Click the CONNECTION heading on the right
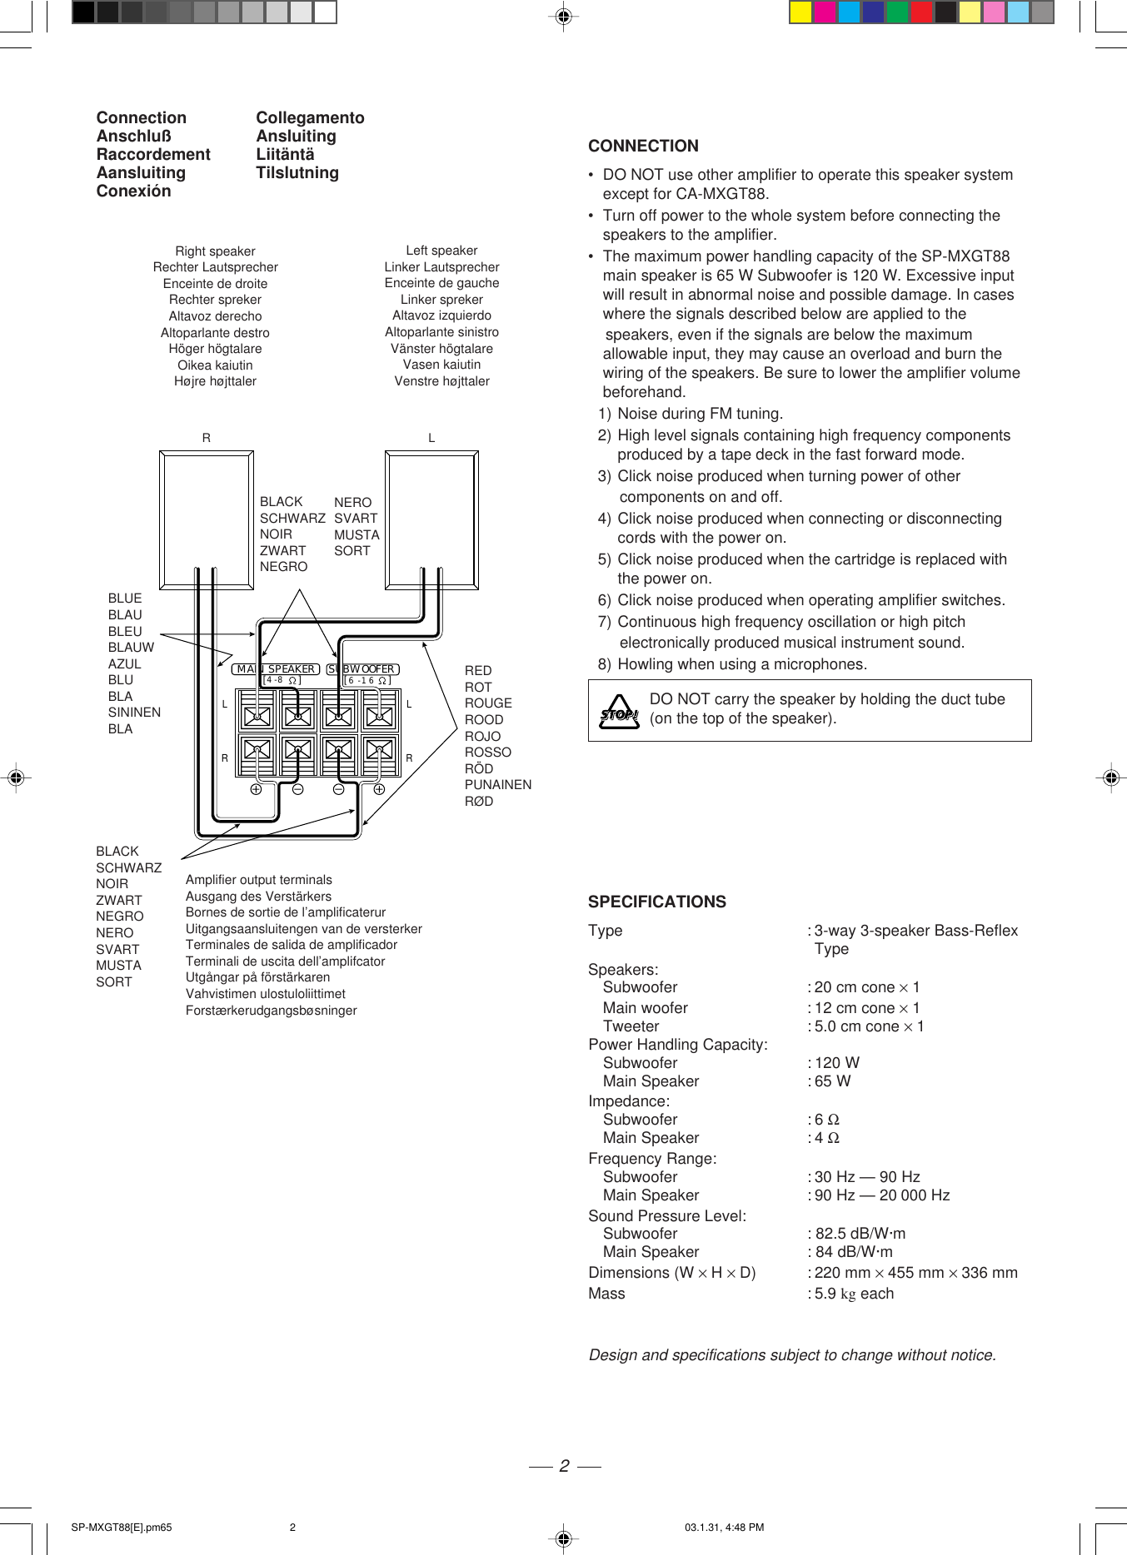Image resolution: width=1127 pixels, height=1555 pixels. pyautogui.click(x=643, y=147)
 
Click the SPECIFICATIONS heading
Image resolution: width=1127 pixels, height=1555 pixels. pyautogui.click(x=656, y=902)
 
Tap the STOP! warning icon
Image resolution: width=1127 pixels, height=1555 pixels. pyautogui.click(x=619, y=713)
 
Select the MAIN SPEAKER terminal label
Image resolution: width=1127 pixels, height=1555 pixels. pyautogui.click(x=276, y=669)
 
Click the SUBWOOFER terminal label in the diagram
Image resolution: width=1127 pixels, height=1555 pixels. pyautogui.click(x=363, y=669)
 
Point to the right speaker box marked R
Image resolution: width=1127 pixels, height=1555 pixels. pyautogui.click(x=206, y=520)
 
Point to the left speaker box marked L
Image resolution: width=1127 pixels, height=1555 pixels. pyautogui.click(x=431, y=520)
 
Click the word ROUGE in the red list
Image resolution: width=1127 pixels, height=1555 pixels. pyautogui.click(x=488, y=703)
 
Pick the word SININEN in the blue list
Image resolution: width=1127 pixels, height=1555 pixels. pyautogui.click(x=134, y=713)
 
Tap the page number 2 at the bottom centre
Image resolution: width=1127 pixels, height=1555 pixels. pyautogui.click(x=564, y=1466)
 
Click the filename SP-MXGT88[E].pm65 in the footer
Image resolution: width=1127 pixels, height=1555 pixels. pyautogui.click(x=122, y=1528)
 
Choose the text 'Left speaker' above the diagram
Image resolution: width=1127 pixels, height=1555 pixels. pyautogui.click(x=441, y=251)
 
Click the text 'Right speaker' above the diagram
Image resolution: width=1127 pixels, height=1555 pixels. pyautogui.click(x=215, y=251)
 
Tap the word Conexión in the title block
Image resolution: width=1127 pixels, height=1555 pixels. pyautogui.click(x=133, y=191)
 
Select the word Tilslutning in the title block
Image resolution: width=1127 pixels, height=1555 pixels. pyautogui.click(x=297, y=173)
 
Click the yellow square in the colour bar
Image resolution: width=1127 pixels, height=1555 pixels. pyautogui.click(x=800, y=12)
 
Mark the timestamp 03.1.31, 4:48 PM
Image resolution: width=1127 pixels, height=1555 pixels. pyautogui.click(x=724, y=1528)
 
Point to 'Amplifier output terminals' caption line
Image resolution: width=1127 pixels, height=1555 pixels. pyautogui.click(x=258, y=880)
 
